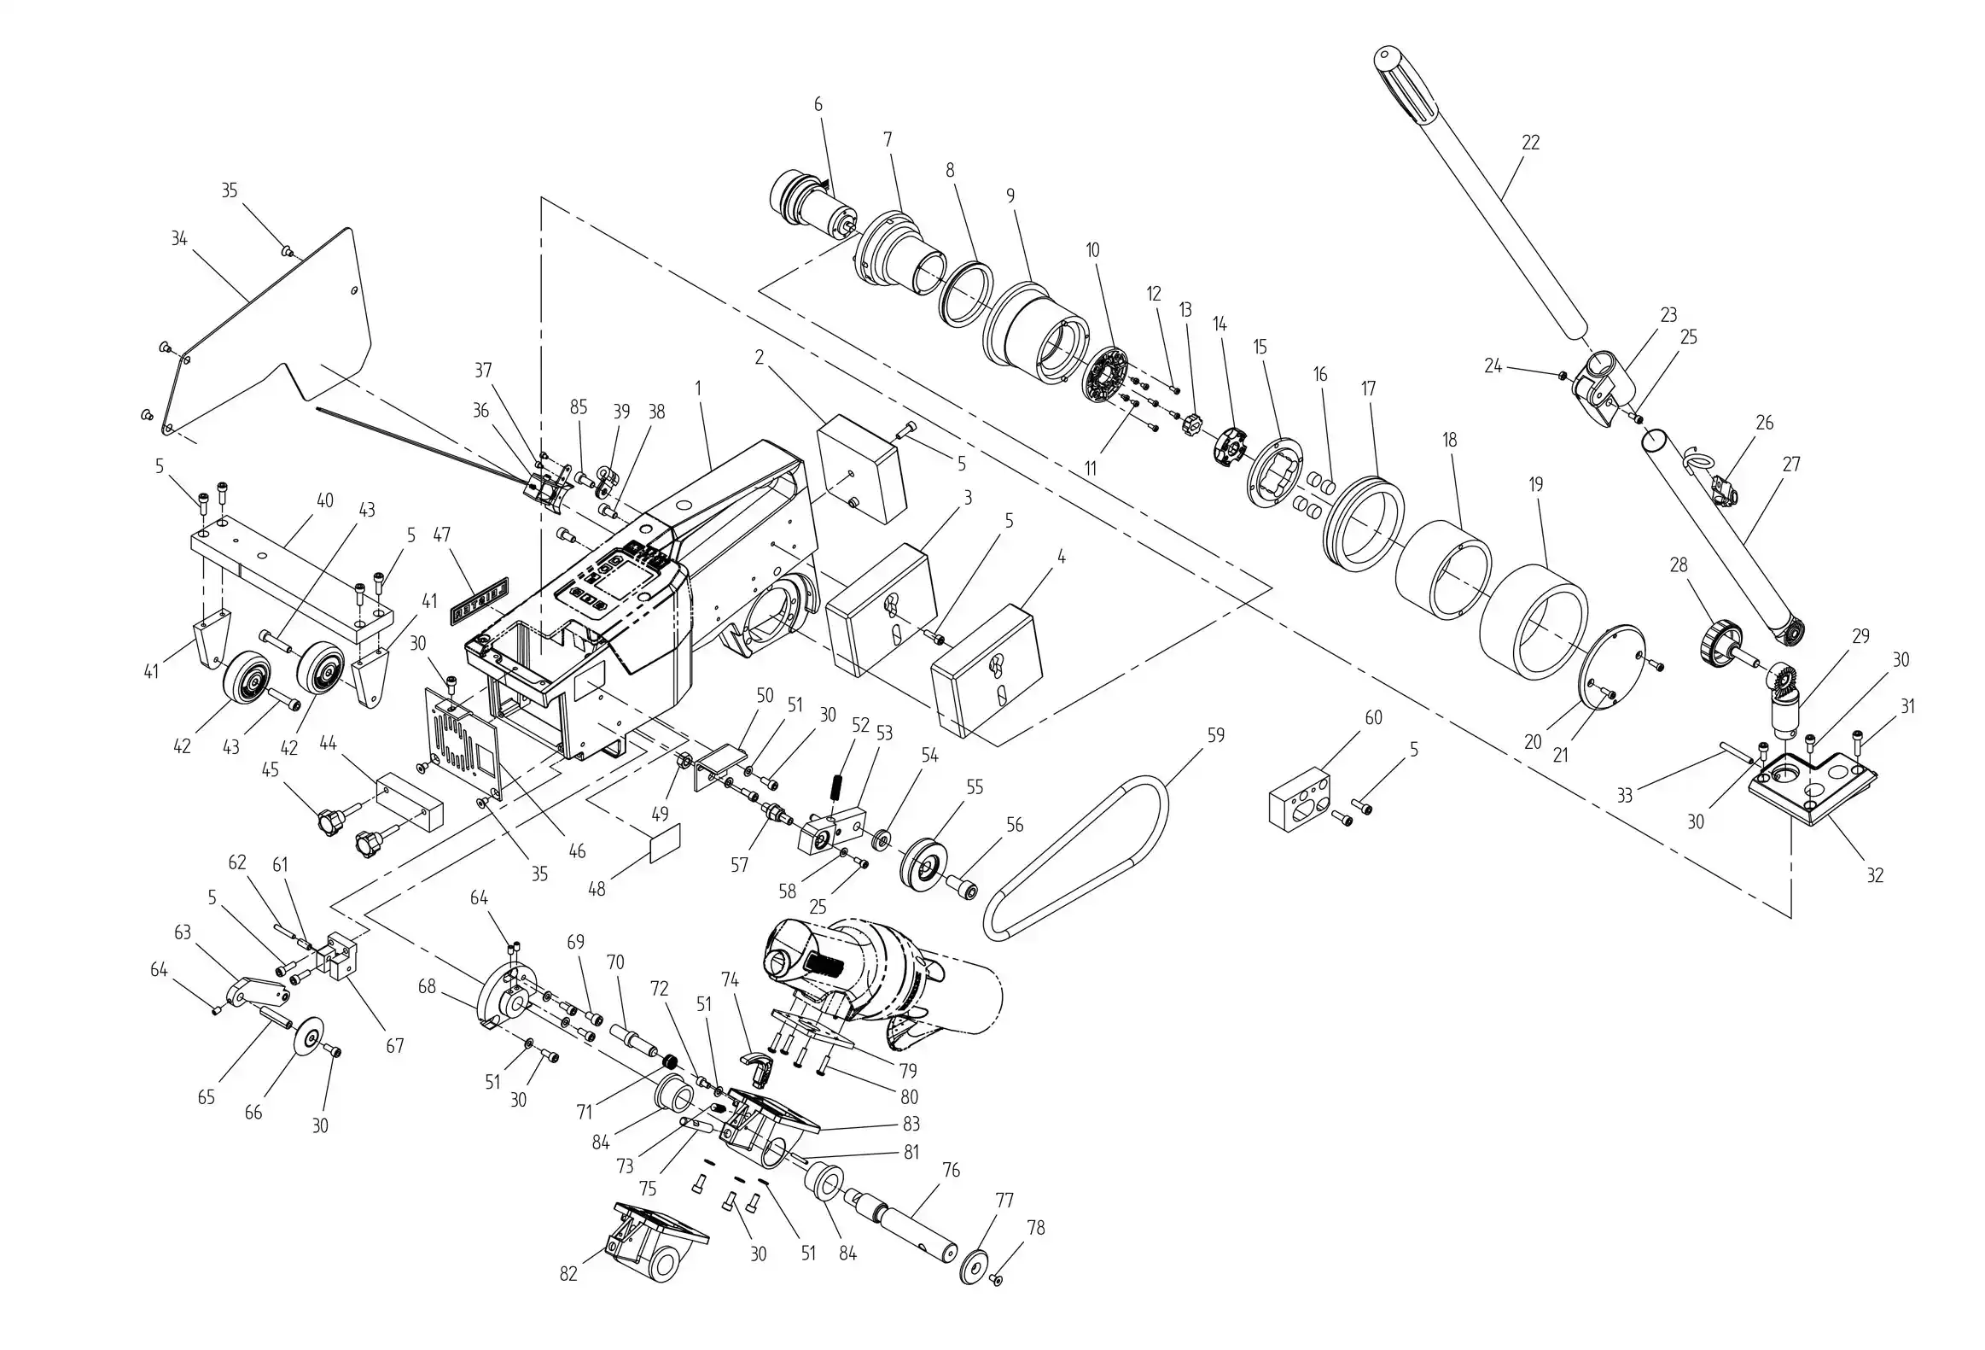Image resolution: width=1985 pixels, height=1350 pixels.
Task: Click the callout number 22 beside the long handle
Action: pyautogui.click(x=1531, y=142)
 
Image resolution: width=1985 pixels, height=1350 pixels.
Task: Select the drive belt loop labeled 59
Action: pyautogui.click(x=1074, y=858)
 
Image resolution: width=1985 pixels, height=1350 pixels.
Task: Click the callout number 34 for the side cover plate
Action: pyautogui.click(x=178, y=238)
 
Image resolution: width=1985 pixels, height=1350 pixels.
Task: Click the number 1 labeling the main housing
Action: pyautogui.click(x=698, y=388)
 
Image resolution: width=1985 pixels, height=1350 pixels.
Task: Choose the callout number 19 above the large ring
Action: pyautogui.click(x=1536, y=484)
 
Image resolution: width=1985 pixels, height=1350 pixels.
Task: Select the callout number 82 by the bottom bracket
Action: pyautogui.click(x=569, y=1274)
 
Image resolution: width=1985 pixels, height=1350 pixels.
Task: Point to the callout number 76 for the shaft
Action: pyautogui.click(x=951, y=1170)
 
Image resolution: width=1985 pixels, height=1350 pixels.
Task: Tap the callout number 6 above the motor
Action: pyautogui.click(x=818, y=104)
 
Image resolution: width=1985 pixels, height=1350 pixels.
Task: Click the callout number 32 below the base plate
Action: pyautogui.click(x=1875, y=875)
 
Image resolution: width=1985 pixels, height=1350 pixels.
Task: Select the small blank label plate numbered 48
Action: pyautogui.click(x=666, y=844)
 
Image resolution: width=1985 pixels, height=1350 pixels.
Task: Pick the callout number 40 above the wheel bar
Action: pyautogui.click(x=324, y=500)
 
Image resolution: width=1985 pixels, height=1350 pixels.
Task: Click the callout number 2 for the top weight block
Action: pyautogui.click(x=759, y=357)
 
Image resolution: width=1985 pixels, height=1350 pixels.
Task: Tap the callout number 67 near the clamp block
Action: pyautogui.click(x=394, y=1046)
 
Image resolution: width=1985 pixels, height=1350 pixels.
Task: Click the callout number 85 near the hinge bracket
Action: pyautogui.click(x=579, y=406)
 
